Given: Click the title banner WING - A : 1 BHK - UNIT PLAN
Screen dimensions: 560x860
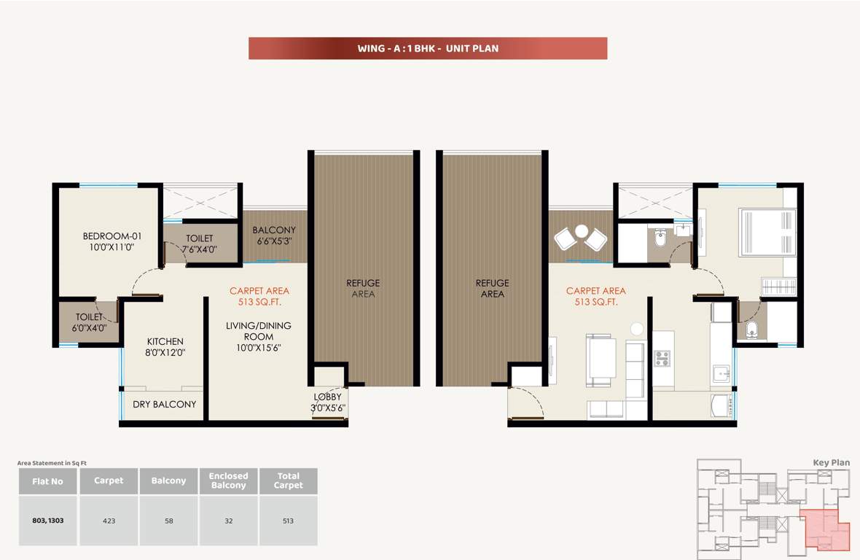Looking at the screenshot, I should [x=428, y=49].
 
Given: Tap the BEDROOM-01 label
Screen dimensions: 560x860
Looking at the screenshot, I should [x=112, y=241].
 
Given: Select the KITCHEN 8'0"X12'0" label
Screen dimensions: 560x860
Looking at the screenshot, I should [x=165, y=346].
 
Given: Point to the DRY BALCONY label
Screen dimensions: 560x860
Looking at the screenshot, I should [x=164, y=404].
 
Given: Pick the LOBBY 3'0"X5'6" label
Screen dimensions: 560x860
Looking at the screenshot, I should [x=327, y=402].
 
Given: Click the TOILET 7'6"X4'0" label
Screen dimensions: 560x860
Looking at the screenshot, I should [x=200, y=244].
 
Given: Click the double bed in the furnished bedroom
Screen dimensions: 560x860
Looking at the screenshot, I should [x=767, y=233].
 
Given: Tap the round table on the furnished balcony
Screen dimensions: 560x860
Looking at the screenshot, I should [x=581, y=232].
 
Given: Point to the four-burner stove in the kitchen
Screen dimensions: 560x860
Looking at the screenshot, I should [x=662, y=358].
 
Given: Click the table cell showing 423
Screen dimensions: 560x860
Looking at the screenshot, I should [x=109, y=521].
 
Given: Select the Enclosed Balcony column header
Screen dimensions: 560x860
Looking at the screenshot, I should [x=228, y=481].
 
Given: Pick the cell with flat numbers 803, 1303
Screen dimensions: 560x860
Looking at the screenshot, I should [x=47, y=521].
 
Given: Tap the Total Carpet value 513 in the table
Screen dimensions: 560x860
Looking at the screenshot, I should [x=288, y=521].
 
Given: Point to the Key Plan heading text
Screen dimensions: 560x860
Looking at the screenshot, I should [x=831, y=462].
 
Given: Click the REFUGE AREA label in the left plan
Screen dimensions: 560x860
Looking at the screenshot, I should [x=363, y=288].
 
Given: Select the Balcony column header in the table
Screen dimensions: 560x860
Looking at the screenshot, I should [x=168, y=481].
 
